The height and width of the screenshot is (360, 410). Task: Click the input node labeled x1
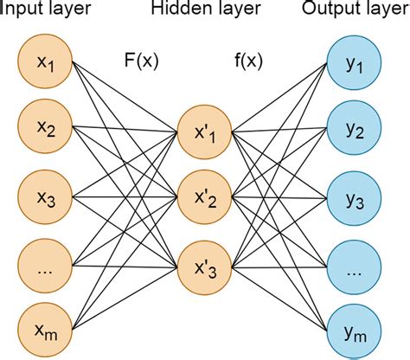tap(44, 64)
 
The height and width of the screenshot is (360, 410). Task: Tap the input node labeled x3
tap(44, 200)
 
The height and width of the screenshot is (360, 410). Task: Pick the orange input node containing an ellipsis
tap(44, 267)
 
